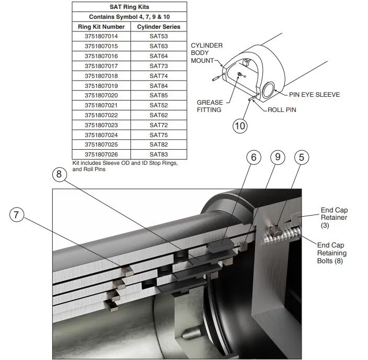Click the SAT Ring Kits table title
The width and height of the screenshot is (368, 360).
pyautogui.click(x=129, y=7)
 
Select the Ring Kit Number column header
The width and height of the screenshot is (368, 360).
pyautogui.click(x=101, y=27)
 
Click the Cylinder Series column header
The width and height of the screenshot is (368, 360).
pyautogui.click(x=158, y=27)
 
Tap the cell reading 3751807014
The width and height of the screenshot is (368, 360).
pyautogui.click(x=101, y=36)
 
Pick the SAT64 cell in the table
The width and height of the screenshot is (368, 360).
pyautogui.click(x=158, y=56)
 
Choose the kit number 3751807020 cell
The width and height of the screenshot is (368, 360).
pyautogui.click(x=101, y=95)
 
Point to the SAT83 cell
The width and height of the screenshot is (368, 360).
pyautogui.click(x=158, y=154)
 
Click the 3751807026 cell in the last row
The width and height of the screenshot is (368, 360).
pyautogui.click(x=101, y=154)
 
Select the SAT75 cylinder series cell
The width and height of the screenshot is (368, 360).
pyautogui.click(x=158, y=135)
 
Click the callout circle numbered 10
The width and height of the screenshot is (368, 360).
pyautogui.click(x=240, y=126)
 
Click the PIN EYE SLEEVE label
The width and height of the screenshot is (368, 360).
pyautogui.click(x=314, y=95)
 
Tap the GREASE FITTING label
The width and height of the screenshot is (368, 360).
pyautogui.click(x=209, y=106)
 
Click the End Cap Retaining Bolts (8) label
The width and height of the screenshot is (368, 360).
pyautogui.click(x=331, y=253)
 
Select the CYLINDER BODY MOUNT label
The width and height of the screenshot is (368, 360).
pyautogui.click(x=206, y=53)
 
